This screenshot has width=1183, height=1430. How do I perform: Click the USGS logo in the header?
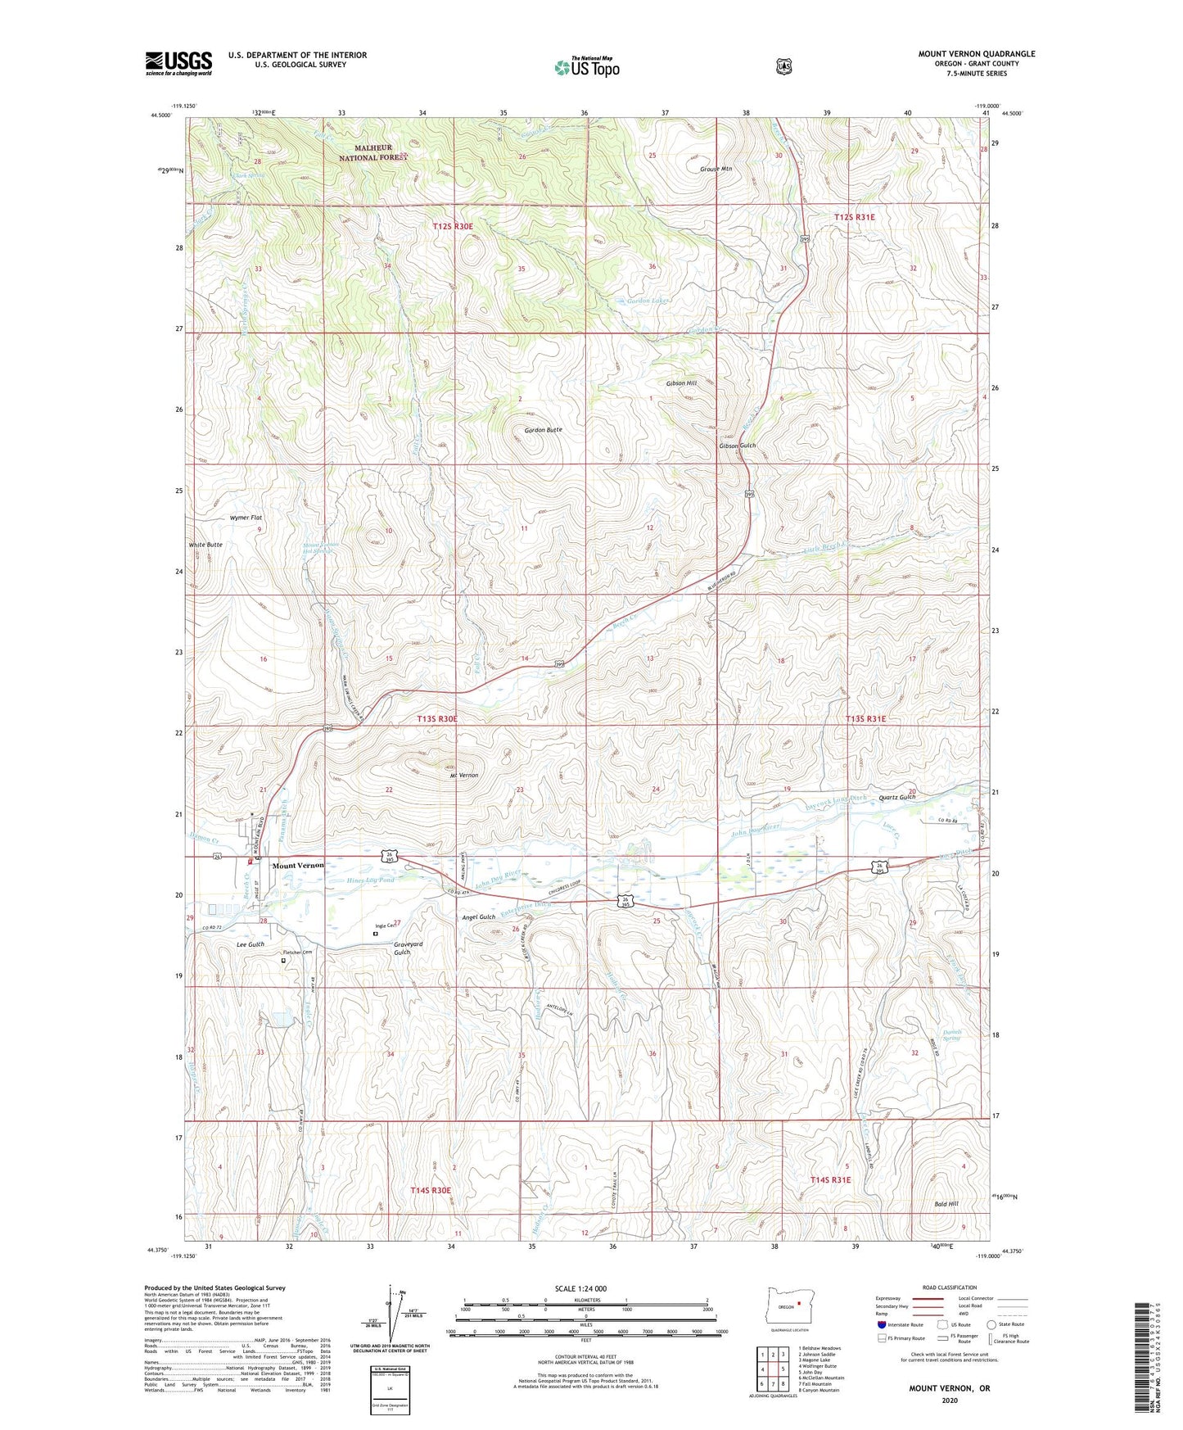pos(178,63)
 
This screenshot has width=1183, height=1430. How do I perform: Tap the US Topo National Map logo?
pos(585,67)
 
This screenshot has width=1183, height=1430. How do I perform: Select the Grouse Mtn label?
pos(716,169)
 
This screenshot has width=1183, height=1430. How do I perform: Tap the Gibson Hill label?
pos(681,383)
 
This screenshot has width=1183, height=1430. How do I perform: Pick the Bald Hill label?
pos(946,1204)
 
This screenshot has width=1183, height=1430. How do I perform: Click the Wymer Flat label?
pos(246,518)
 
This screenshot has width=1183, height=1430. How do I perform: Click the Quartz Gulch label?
pos(896,797)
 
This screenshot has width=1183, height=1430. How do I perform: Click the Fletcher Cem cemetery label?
pos(298,953)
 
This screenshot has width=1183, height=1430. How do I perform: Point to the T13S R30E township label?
pos(436,718)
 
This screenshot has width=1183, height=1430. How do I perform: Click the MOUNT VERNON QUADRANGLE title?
pos(976,54)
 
